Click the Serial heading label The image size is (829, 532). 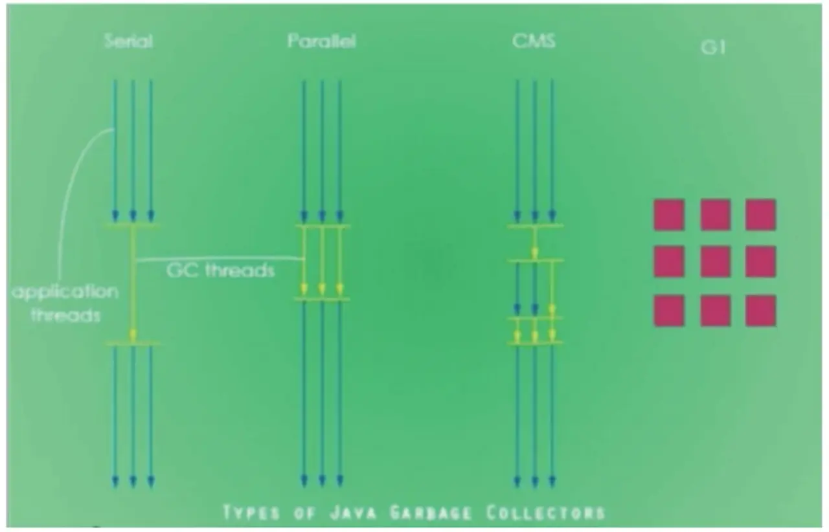[x=128, y=42]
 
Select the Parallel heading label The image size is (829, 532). [x=322, y=42]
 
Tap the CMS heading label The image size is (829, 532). [x=534, y=42]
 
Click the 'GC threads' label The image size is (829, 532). [x=221, y=270]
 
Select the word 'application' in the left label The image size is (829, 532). [x=65, y=292]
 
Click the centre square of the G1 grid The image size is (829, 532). [x=715, y=262]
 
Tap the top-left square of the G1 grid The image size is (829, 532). [x=669, y=215]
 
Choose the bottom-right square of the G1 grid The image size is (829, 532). [x=760, y=311]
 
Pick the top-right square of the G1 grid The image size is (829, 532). [x=760, y=215]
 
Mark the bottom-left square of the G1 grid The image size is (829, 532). [x=669, y=311]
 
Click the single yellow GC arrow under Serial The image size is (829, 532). [x=133, y=285]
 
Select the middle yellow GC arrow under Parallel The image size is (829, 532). [x=322, y=262]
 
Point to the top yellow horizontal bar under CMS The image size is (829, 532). [x=535, y=226]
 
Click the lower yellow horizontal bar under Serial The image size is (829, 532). [x=133, y=344]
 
